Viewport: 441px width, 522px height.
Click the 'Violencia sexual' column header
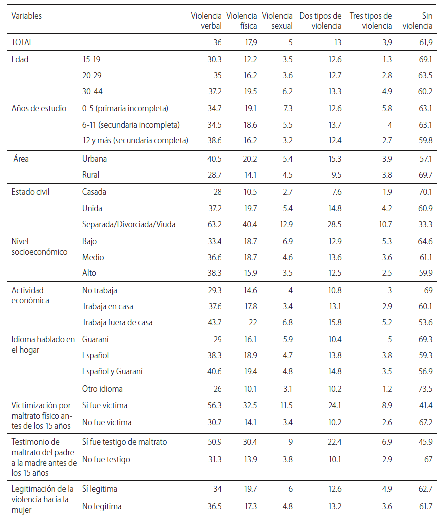(x=277, y=21)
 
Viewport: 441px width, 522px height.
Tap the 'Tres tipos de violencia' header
(x=371, y=21)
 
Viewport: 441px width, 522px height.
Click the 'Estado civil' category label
(x=30, y=192)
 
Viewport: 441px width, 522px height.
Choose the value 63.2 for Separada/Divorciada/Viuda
(x=214, y=224)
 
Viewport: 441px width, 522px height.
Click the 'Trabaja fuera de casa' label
(x=117, y=322)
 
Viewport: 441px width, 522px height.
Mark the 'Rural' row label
(x=91, y=175)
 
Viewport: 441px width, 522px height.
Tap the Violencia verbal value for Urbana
(x=214, y=159)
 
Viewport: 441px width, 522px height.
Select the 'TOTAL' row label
(x=22, y=43)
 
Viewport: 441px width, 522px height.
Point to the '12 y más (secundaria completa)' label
(x=135, y=141)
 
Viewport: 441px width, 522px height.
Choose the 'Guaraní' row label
(x=95, y=339)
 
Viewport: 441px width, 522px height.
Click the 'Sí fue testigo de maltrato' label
(x=124, y=442)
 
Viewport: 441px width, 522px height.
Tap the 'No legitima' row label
(x=102, y=507)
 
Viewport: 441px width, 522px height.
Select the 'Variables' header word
(x=27, y=16)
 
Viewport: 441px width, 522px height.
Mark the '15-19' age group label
(x=91, y=59)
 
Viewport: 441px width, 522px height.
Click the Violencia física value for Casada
(x=249, y=192)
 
